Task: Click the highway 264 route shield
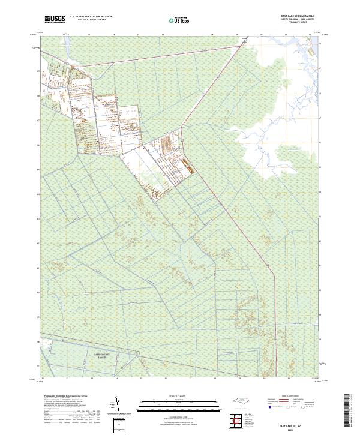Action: tap(221, 205)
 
